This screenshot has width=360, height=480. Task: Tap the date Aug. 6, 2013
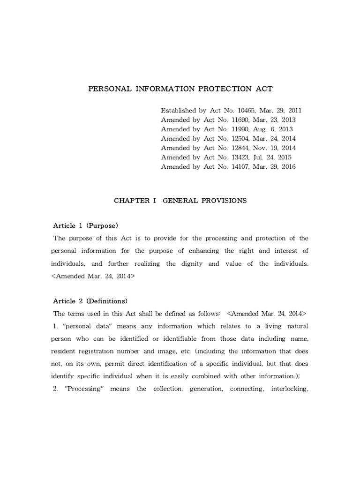point(277,129)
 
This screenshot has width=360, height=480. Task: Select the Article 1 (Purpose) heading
point(85,225)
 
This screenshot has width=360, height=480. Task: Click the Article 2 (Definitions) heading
point(90,300)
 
